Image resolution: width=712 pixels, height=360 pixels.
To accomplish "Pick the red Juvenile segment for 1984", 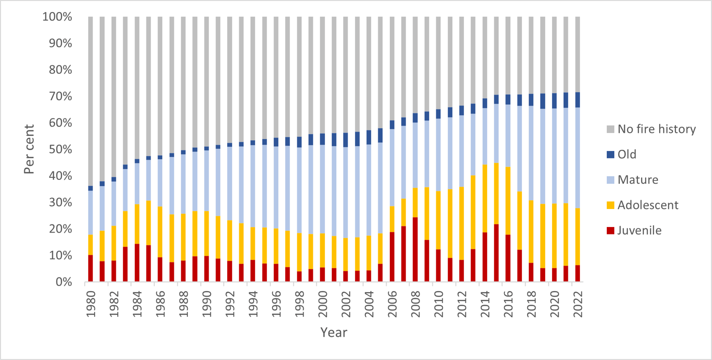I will [x=137, y=262].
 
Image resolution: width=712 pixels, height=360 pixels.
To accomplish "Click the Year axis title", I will [x=333, y=333].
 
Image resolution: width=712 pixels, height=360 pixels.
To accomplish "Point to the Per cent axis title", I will [x=29, y=149].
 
